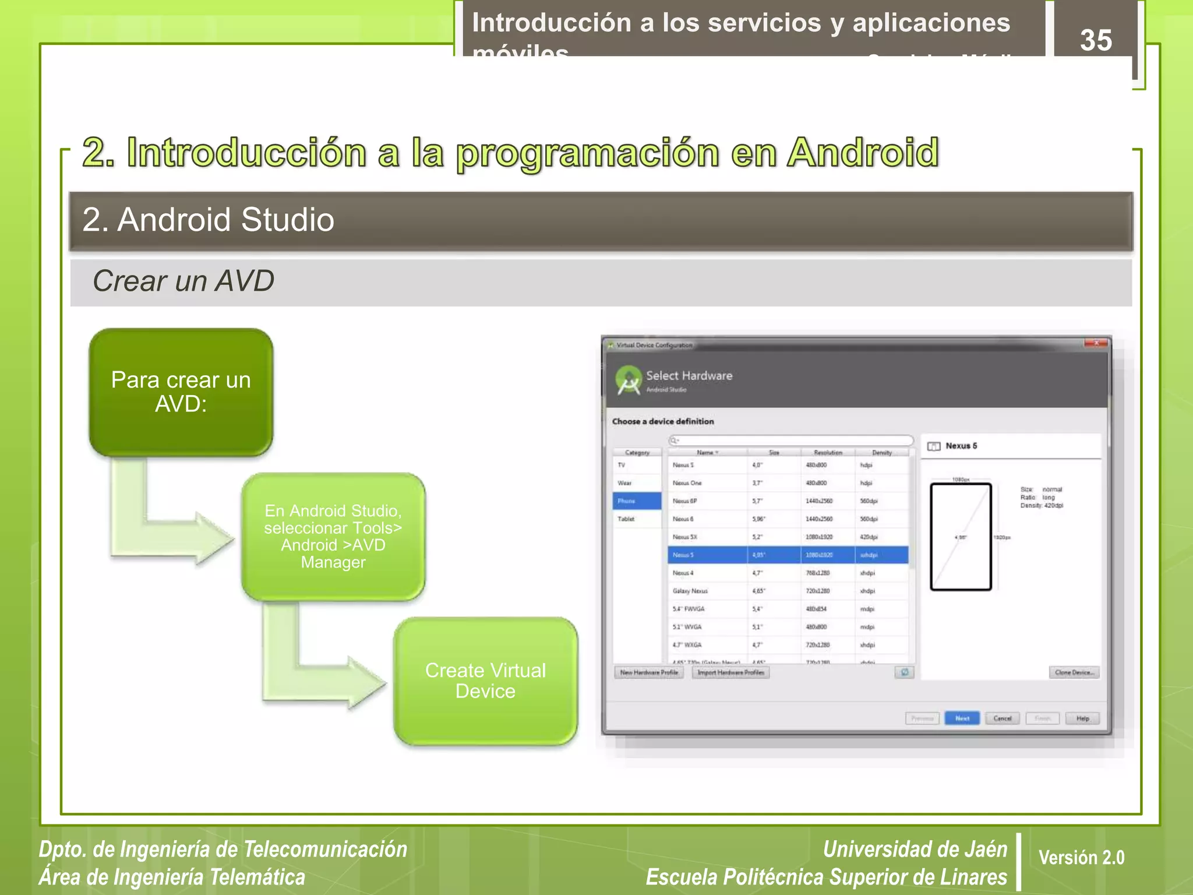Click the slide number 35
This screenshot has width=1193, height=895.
point(1096,40)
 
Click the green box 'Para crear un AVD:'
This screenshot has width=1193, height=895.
point(181,392)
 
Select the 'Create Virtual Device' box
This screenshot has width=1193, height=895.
point(485,681)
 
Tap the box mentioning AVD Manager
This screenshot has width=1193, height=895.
point(333,536)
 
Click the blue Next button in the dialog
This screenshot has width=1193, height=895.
point(962,718)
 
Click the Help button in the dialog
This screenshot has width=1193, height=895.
point(1082,718)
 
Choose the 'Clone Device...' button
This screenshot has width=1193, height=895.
point(1074,672)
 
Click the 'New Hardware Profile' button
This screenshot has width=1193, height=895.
point(649,672)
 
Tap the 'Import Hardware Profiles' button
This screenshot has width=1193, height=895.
point(730,672)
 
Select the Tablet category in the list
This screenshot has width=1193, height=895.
point(626,519)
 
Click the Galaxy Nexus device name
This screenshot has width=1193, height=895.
point(690,591)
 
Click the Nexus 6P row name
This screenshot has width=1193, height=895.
point(684,501)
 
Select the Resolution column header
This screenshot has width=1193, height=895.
point(828,453)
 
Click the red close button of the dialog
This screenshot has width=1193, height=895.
point(1096,343)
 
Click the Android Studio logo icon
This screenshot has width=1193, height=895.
point(629,380)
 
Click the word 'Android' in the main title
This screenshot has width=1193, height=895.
point(863,153)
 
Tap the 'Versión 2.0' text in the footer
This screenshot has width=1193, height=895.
point(1081,858)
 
